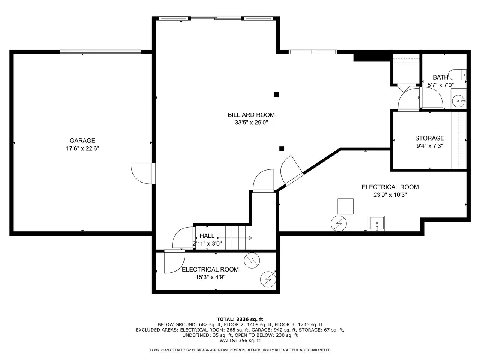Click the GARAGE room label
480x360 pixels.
pos(82,141)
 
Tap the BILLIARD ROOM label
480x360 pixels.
pos(251,115)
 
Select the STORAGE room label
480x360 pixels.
pos(429,138)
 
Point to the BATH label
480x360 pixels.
pos(440,77)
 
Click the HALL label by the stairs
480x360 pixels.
pos(207,236)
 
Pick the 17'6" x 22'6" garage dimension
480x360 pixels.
pos(82,148)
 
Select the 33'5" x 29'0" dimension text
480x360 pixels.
pos(251,123)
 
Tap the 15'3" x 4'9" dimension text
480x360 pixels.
pos(210,277)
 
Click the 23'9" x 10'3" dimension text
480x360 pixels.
pos(390,195)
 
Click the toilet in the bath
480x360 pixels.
pos(457,75)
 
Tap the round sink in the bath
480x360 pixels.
pos(458,101)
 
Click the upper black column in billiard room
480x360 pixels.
pos(276,94)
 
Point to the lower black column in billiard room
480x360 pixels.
pos(282,149)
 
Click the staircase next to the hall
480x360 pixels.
pos(235,238)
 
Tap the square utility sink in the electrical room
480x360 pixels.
pos(376,223)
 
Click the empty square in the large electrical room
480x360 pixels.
pos(345,206)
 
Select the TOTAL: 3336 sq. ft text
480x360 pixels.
pos(240,319)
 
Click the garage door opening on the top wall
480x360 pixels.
pos(100,52)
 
